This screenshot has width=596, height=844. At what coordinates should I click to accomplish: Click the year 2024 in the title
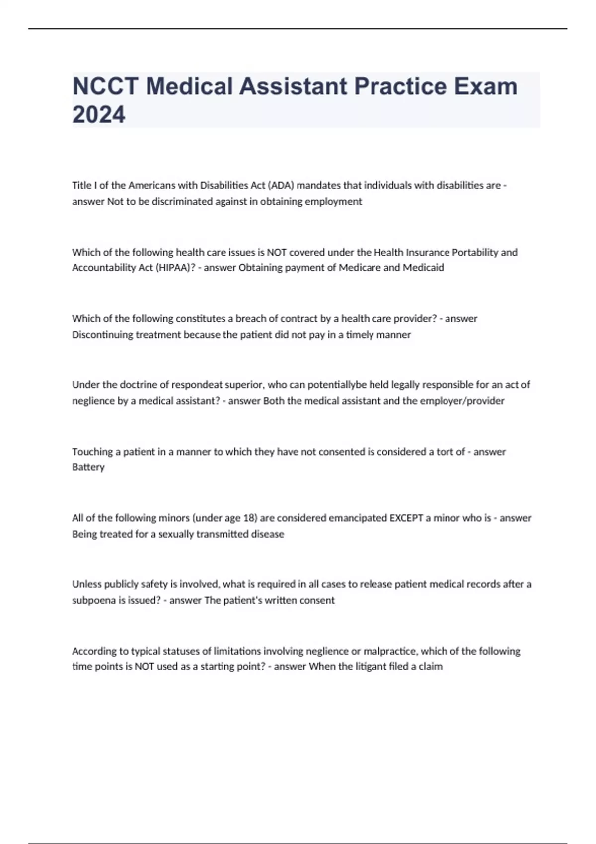[99, 115]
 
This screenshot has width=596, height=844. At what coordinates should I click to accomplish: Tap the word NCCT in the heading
[105, 86]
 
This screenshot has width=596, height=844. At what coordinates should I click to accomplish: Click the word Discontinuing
[102, 334]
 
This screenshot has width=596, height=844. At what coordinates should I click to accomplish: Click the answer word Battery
[88, 467]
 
